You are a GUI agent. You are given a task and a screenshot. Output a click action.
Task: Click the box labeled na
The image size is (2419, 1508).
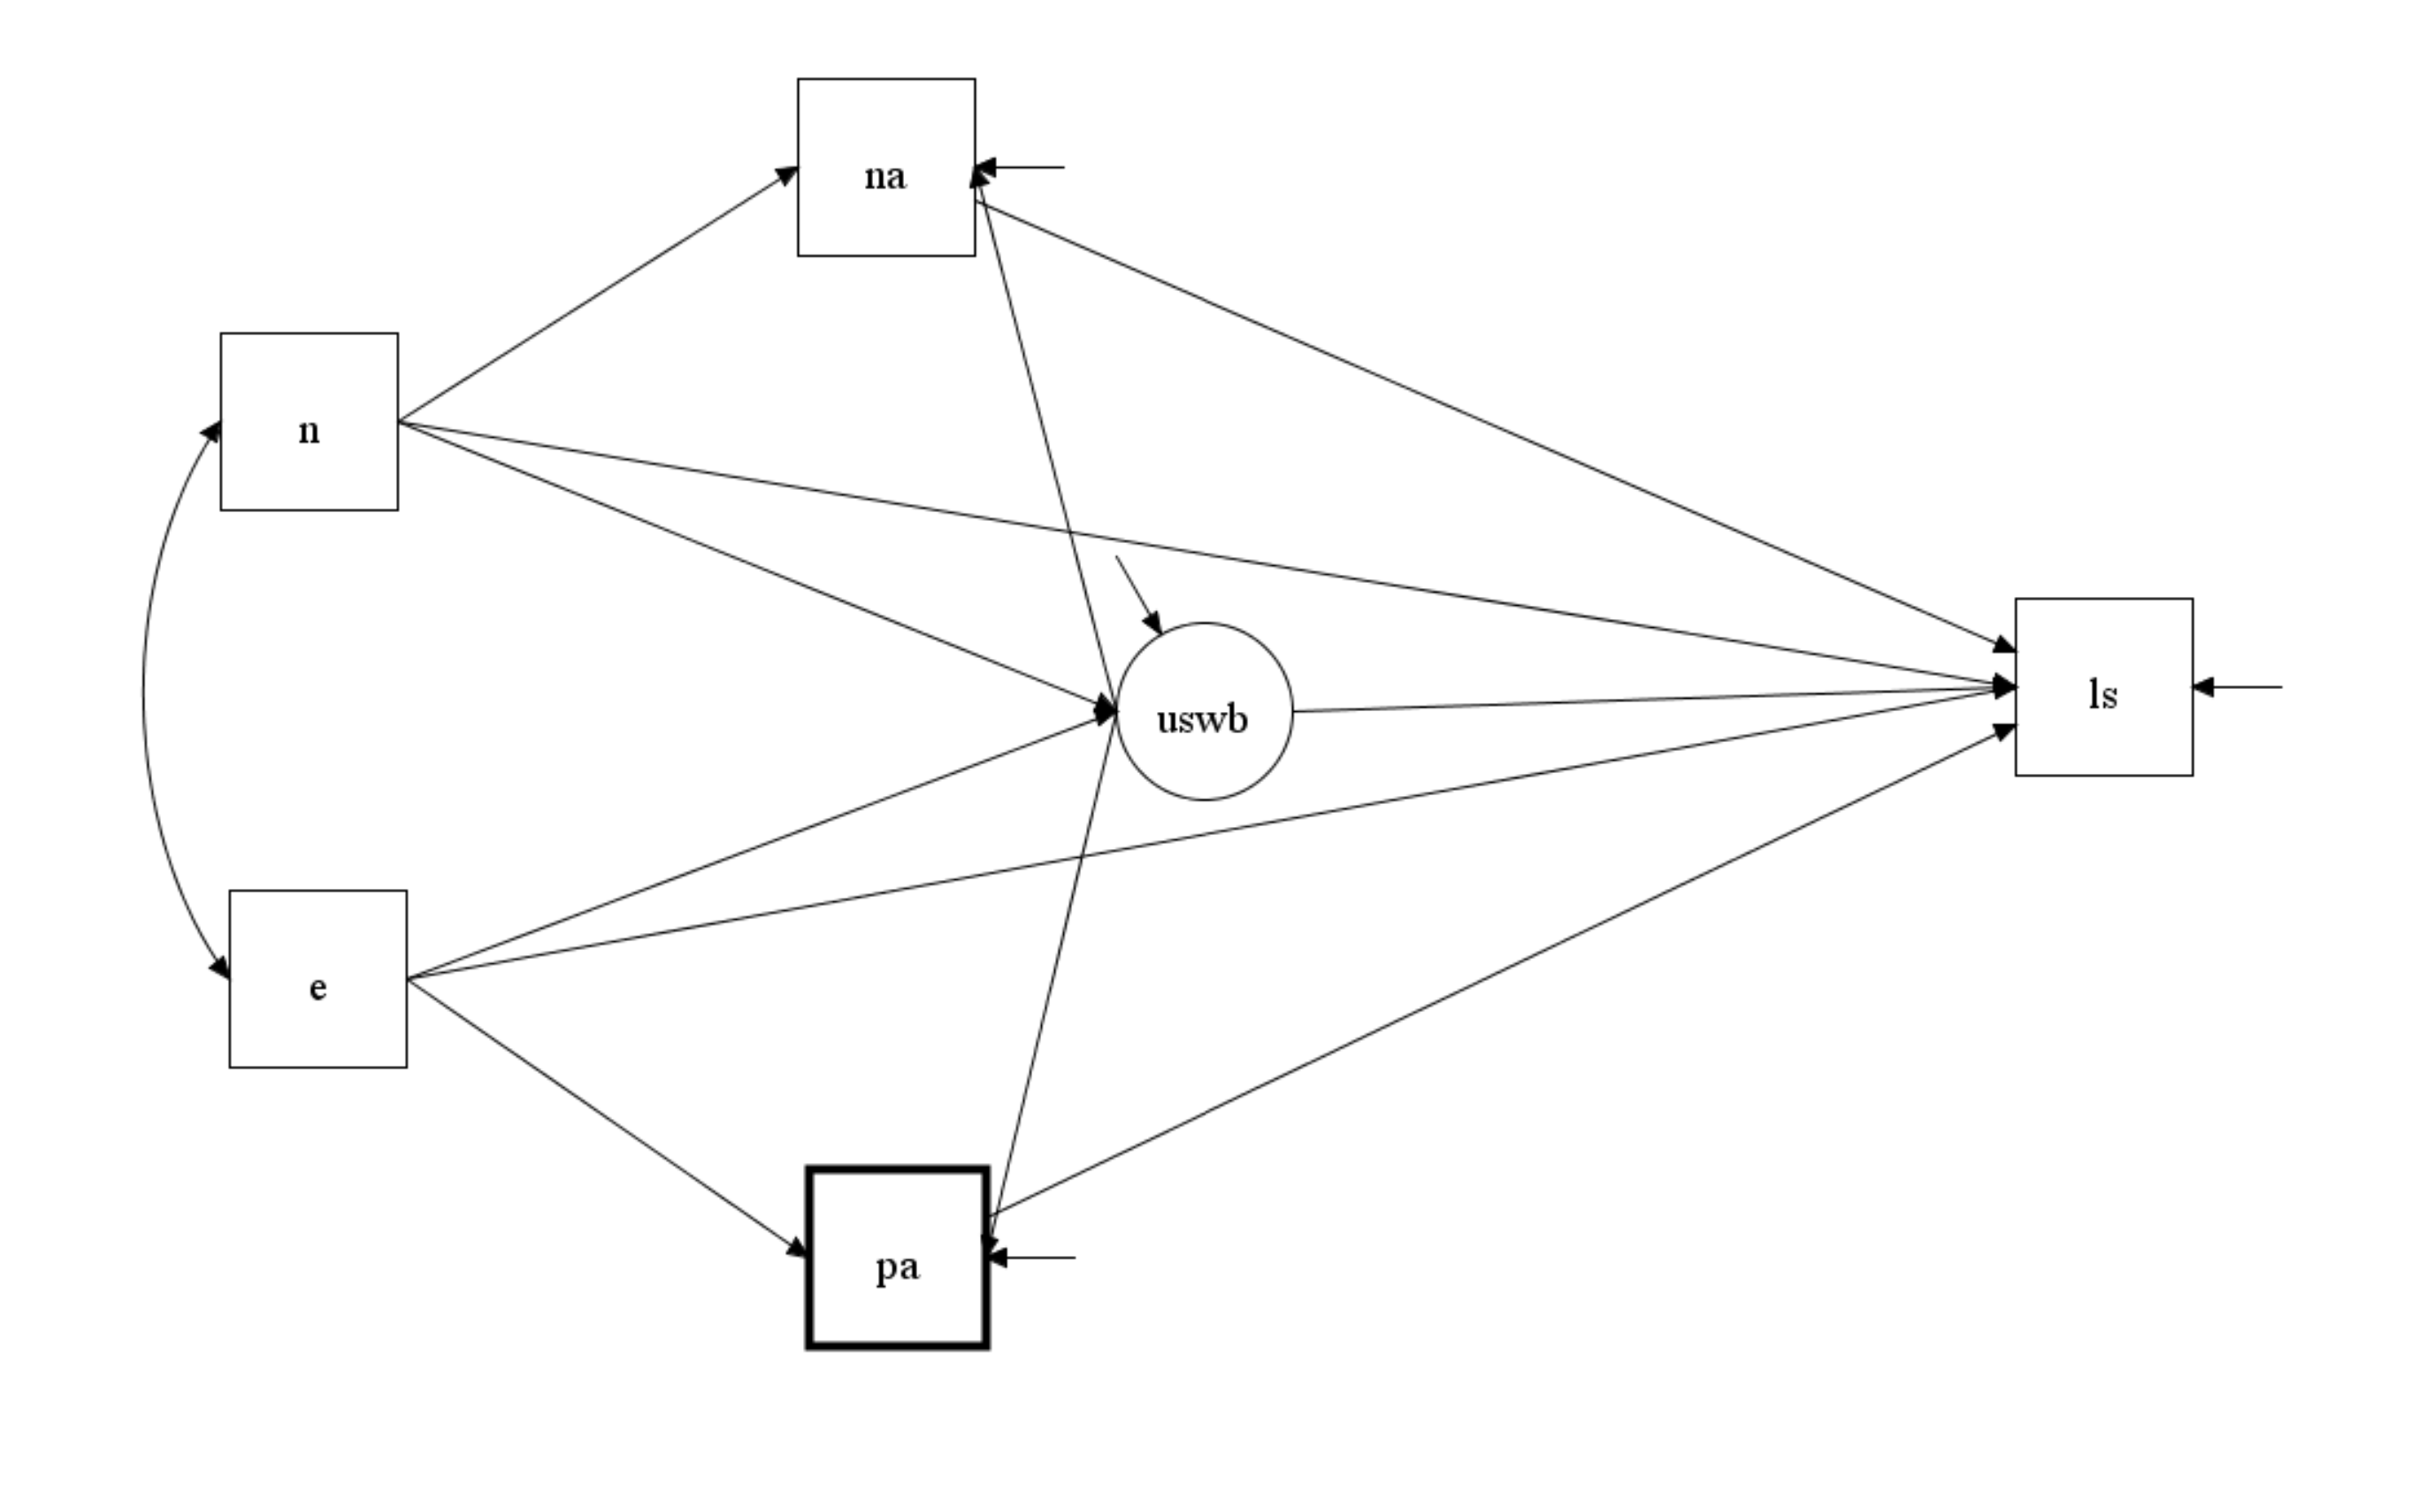(x=885, y=167)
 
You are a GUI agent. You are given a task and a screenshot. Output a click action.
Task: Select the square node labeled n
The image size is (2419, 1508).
(x=309, y=422)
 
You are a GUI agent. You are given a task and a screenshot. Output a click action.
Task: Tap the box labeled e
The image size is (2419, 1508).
(x=318, y=979)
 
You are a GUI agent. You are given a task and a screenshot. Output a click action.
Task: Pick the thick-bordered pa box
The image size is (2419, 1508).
(x=898, y=1258)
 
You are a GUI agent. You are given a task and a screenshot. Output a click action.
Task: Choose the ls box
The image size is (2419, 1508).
(x=2104, y=687)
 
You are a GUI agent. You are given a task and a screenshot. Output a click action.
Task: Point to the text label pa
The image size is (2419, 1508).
(x=898, y=1267)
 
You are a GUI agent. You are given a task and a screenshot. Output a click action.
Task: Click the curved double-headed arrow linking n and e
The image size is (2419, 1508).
(x=143, y=698)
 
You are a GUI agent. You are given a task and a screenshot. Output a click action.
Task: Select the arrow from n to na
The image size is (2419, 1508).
(x=598, y=295)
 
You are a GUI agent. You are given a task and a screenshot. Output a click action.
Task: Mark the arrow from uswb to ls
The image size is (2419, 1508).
(x=1645, y=699)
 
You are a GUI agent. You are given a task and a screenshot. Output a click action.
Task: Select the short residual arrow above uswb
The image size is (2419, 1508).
(x=1137, y=593)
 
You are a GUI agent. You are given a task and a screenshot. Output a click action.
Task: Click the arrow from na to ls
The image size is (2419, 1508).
(x=1496, y=427)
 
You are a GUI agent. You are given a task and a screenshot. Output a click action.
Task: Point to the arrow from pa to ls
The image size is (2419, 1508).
(x=1496, y=971)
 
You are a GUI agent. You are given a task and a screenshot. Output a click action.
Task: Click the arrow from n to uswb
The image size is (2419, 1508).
(x=758, y=567)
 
